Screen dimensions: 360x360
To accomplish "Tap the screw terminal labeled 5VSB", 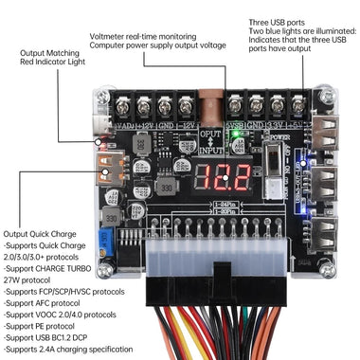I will click(x=236, y=107).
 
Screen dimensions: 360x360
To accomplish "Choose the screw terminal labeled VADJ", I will click(x=123, y=107).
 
